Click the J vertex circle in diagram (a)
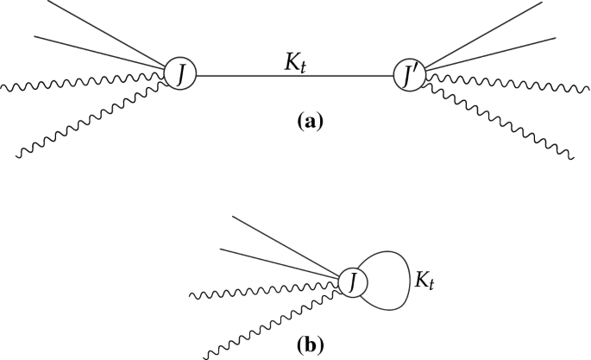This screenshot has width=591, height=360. [181, 75]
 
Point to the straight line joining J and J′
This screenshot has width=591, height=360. [294, 76]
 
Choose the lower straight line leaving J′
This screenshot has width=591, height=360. [492, 53]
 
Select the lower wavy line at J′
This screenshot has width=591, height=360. [500, 121]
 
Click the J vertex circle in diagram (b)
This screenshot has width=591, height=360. [353, 281]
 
